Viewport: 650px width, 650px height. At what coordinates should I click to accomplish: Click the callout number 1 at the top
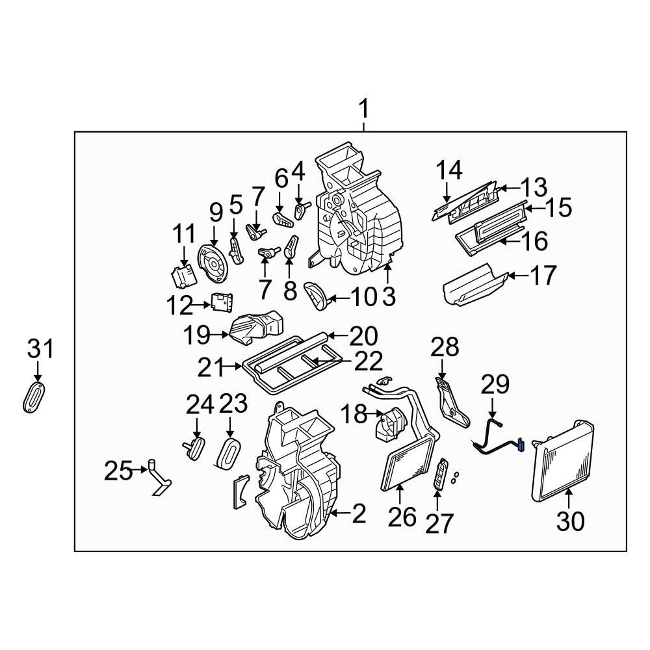coord(364,108)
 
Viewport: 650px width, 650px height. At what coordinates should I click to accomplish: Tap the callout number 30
coord(569,521)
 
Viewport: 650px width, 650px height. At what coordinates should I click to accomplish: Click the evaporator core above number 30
coord(563,461)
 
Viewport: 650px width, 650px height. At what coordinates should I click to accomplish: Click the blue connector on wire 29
coord(521,446)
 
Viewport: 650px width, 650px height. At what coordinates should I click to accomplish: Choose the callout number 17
coord(543,276)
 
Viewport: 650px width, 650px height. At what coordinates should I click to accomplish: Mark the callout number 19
coord(196,336)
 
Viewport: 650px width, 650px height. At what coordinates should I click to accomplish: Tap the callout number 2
coord(358,514)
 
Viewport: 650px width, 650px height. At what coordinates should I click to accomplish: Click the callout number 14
coord(448,170)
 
